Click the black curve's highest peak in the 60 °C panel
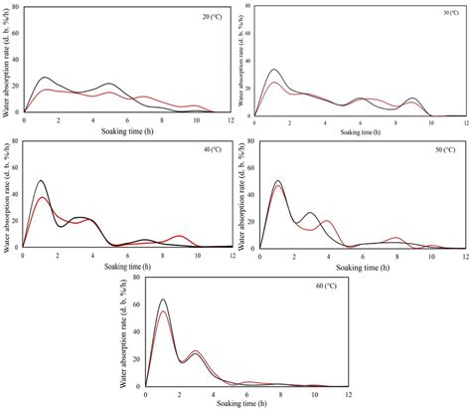tap(163, 300)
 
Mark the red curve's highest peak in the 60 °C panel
tap(163, 312)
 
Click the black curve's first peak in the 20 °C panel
tap(43, 78)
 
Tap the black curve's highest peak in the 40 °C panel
tap(41, 181)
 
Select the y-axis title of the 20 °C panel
tap(7, 60)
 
